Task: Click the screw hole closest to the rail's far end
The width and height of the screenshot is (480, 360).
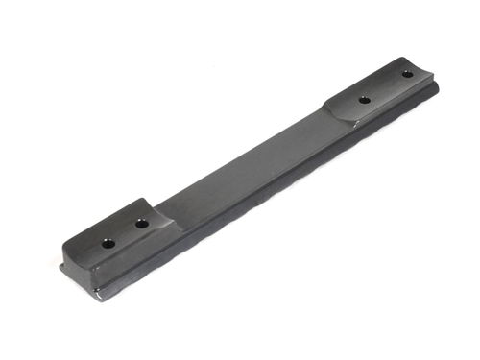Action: (407, 74)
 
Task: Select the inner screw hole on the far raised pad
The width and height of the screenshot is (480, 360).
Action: (365, 100)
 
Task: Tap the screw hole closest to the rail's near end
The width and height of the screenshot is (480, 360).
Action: (108, 243)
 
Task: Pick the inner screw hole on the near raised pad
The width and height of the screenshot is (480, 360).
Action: (141, 224)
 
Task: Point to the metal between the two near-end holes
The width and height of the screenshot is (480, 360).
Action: (125, 233)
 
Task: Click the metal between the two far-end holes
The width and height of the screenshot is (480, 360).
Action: (386, 86)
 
